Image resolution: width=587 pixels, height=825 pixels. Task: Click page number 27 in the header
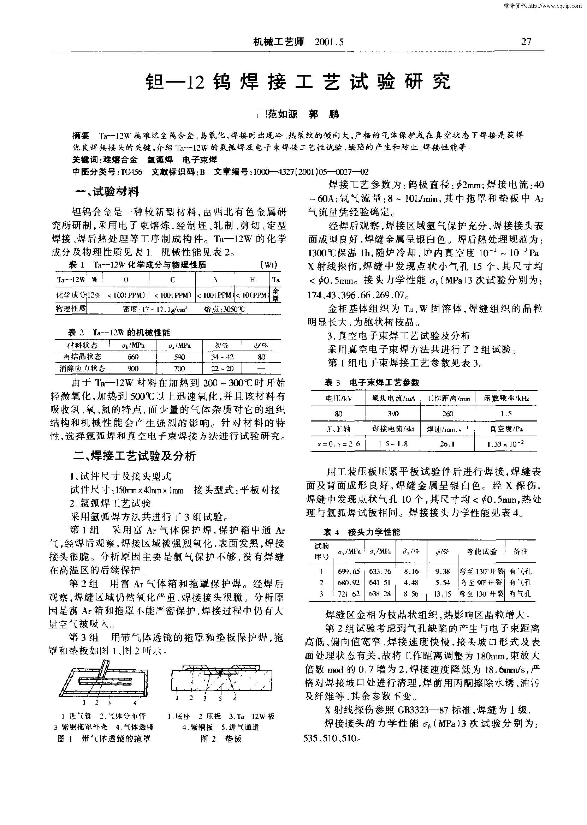(526, 42)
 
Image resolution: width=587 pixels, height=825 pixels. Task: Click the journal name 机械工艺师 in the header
(278, 42)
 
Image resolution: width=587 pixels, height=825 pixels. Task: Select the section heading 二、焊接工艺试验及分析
(134, 456)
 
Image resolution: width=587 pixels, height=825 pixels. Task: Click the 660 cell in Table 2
(133, 357)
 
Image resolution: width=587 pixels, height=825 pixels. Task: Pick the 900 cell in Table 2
(133, 369)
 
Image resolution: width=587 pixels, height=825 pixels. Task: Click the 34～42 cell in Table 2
(222, 357)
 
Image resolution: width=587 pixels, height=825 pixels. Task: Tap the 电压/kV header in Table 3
(338, 399)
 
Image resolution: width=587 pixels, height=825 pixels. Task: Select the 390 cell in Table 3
(393, 414)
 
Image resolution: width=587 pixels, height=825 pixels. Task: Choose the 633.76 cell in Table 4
(380, 572)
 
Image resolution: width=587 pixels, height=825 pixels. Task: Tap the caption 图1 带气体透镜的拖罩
(104, 739)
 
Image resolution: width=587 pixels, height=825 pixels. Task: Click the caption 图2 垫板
(221, 739)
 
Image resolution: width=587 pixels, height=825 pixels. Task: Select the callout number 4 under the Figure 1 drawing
(135, 703)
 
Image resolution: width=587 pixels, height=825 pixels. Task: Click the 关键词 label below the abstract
(87, 159)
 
